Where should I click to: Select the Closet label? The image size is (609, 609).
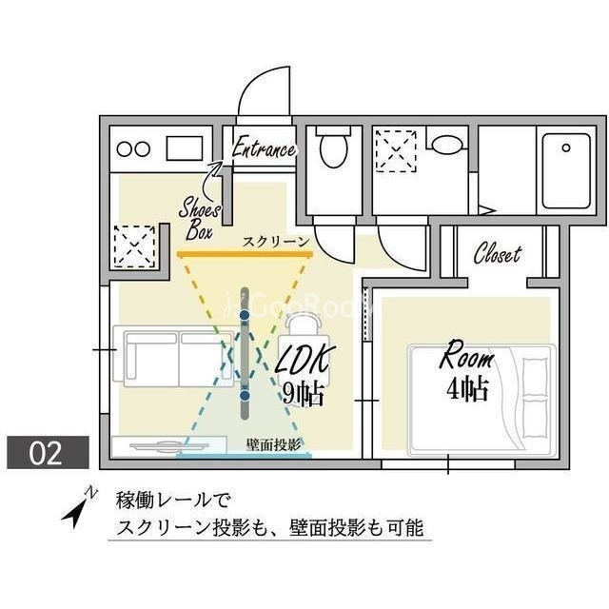[x=498, y=254]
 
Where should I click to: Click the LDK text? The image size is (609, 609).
[x=305, y=359]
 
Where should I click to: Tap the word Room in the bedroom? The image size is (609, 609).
[x=466, y=360]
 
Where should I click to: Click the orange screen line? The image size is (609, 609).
[x=245, y=255]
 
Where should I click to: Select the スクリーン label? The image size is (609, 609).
[x=276, y=242]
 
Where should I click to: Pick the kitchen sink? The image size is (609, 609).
[x=184, y=148]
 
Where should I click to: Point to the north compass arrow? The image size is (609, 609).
[x=79, y=505]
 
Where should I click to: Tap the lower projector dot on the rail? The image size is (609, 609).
[x=245, y=394]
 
